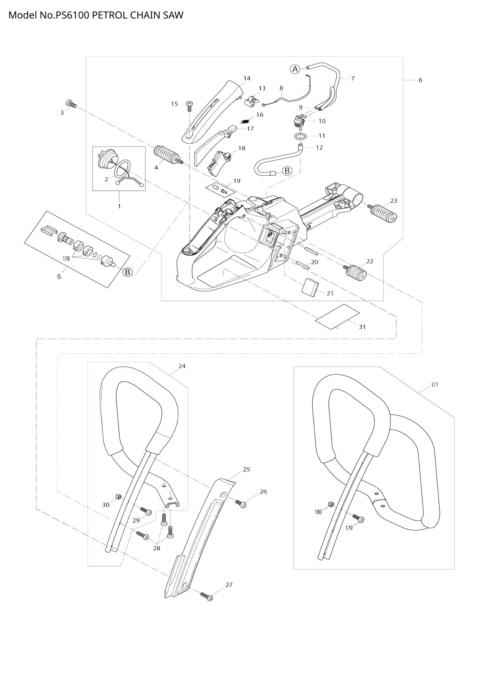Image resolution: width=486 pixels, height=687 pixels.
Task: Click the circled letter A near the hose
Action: pyautogui.click(x=295, y=69)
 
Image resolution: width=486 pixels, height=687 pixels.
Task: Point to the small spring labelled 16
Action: pyautogui.click(x=245, y=121)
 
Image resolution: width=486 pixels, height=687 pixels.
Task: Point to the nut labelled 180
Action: pyautogui.click(x=331, y=504)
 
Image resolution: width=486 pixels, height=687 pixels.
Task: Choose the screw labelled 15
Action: pyautogui.click(x=189, y=105)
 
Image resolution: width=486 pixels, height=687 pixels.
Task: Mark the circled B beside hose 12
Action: pyautogui.click(x=287, y=171)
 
